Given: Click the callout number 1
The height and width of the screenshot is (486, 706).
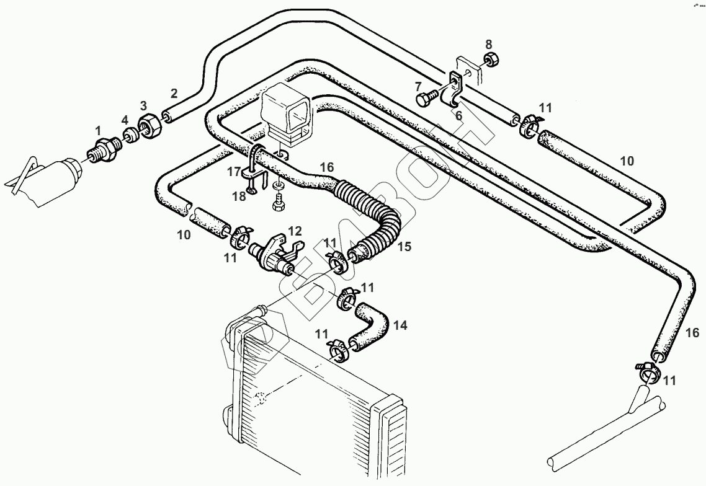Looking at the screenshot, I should (97, 130).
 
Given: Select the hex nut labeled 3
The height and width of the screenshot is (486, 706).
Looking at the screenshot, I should (150, 126).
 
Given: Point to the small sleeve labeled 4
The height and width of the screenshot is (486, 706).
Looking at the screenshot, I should (130, 136).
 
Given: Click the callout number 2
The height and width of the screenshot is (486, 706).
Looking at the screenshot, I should (174, 94).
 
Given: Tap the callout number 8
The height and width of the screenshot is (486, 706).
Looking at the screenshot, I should (489, 44).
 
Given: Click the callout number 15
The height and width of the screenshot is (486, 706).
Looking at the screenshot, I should (404, 247).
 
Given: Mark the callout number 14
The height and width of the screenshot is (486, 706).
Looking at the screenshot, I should (400, 324).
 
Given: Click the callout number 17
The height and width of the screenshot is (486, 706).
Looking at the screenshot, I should (233, 172).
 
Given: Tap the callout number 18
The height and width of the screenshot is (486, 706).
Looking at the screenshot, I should (239, 197).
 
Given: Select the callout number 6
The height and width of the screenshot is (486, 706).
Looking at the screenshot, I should (458, 115).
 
